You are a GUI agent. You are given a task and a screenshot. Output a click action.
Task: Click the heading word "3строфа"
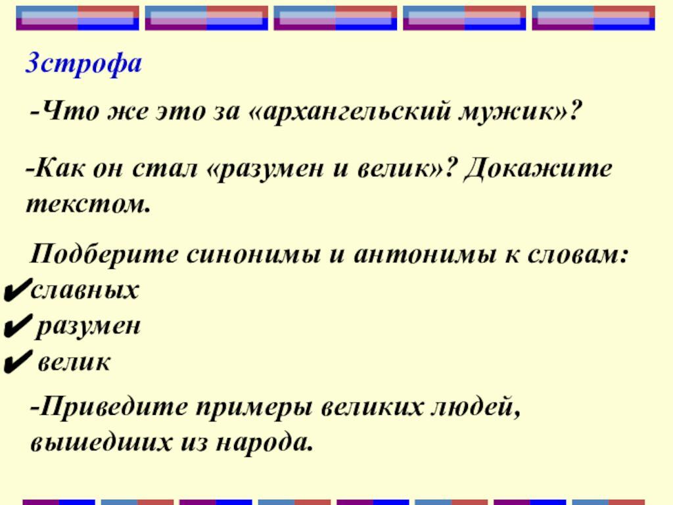(83, 64)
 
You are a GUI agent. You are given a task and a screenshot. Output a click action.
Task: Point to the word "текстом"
(88, 203)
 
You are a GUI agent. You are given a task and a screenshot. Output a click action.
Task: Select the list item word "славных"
(85, 289)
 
